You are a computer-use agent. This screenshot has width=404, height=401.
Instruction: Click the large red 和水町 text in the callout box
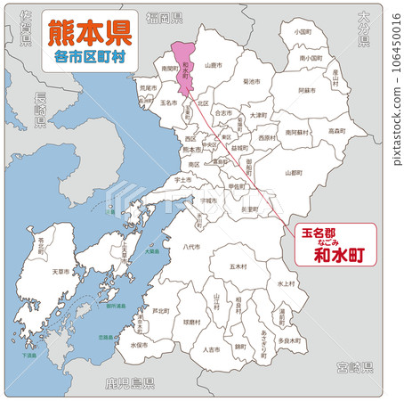(334, 252)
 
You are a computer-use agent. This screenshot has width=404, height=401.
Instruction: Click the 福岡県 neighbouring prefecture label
(165, 18)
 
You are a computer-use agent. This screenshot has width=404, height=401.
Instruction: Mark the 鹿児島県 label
(129, 384)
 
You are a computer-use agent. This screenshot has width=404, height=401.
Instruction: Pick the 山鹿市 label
(212, 65)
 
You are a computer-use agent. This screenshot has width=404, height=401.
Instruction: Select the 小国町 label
(302, 31)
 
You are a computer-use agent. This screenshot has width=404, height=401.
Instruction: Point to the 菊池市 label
(252, 81)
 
